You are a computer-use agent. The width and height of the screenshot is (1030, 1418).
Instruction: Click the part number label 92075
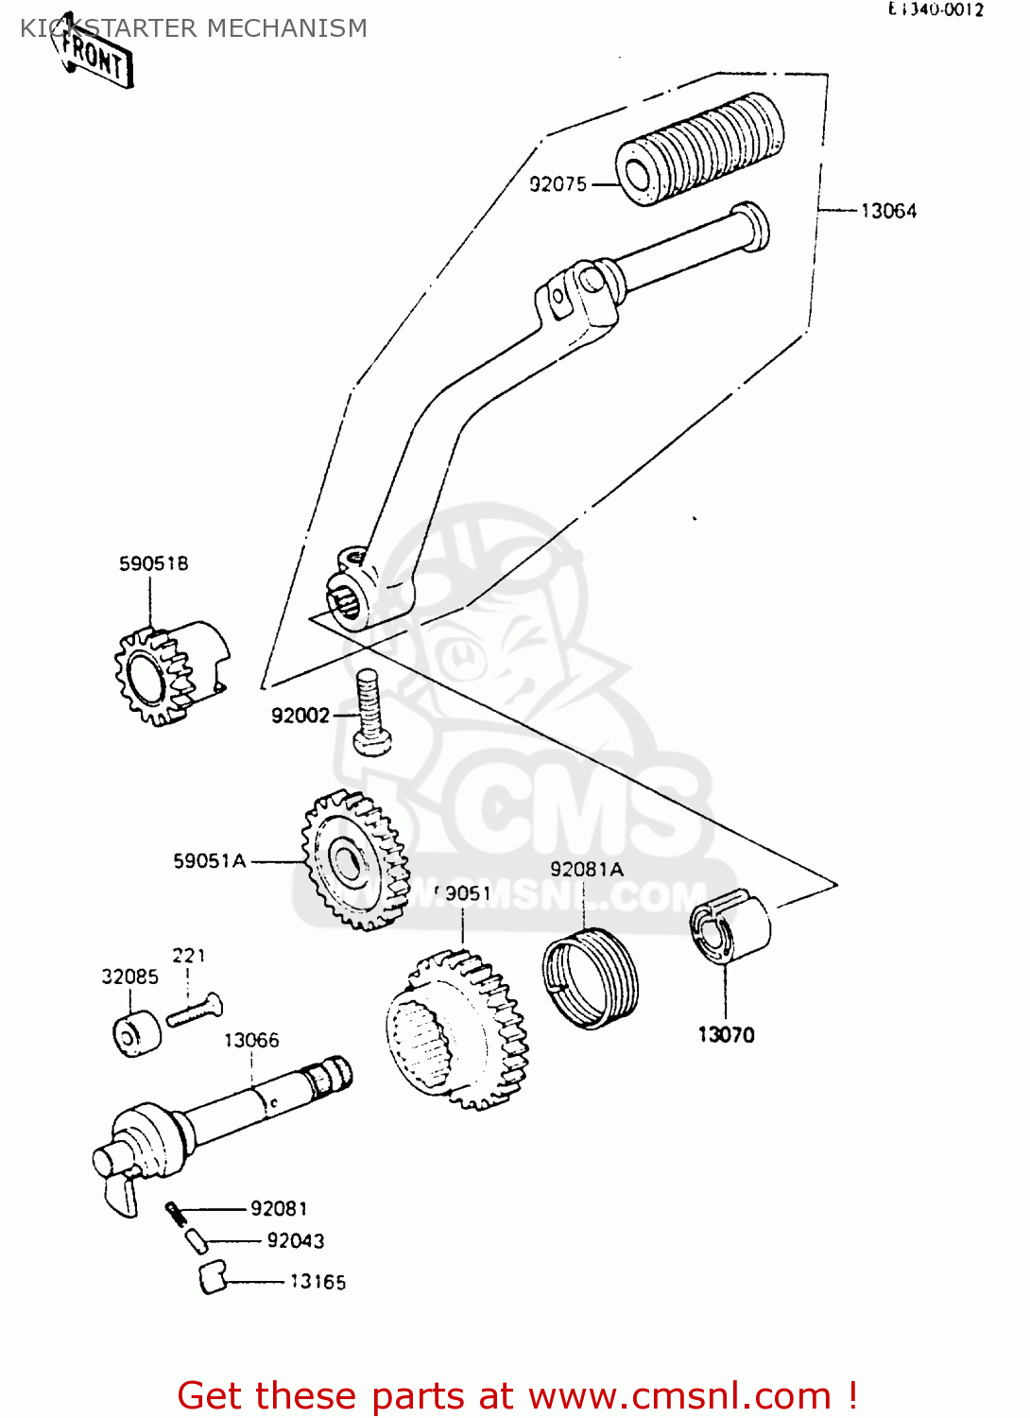[558, 184]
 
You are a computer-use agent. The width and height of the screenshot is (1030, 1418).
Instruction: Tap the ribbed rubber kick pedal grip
[699, 148]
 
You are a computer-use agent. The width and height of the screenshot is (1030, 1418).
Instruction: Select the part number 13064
[887, 211]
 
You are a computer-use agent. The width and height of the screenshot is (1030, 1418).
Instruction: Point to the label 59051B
[153, 563]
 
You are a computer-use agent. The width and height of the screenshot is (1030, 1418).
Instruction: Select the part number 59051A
[209, 860]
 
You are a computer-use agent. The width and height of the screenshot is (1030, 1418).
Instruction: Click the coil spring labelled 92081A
[591, 977]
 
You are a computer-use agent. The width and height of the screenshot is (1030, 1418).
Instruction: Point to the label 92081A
[587, 869]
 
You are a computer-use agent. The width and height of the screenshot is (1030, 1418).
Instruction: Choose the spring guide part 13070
[729, 926]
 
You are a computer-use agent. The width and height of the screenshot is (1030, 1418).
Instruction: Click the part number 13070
[726, 1034]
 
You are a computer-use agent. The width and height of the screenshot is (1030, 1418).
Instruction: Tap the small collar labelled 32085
[136, 1034]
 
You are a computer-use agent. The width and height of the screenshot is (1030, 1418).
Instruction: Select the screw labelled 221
[195, 1010]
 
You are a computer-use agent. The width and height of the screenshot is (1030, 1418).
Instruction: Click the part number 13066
[251, 1040]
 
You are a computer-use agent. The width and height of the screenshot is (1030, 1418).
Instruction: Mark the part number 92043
[295, 1240]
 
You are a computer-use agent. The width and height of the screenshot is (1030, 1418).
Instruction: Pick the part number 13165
[318, 1282]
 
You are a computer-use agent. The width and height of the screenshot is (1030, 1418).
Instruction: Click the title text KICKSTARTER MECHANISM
[194, 28]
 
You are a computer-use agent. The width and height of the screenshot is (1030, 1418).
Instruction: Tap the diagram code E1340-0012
[936, 9]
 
